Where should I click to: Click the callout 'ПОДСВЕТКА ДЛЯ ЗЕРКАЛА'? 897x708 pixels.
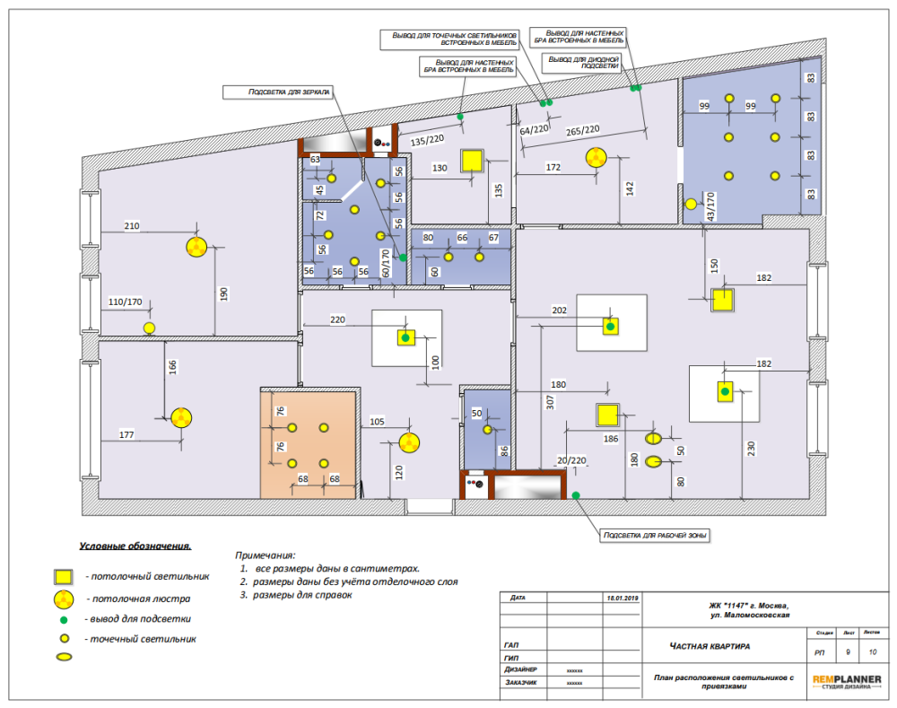pos(278,92)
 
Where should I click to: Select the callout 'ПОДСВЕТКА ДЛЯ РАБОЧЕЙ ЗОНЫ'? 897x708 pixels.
pos(654,536)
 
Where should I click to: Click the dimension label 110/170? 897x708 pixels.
pos(126,302)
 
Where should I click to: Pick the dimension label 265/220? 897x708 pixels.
pos(582,130)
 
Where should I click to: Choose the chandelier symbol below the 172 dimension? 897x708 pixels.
pos(596,158)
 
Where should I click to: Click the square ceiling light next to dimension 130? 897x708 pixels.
pos(472,161)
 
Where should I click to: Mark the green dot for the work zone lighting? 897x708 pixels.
pos(575,494)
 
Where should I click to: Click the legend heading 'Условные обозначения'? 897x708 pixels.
pos(135,546)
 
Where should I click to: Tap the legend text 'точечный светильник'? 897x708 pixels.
pos(141,639)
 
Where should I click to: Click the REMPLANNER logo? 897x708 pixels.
pos(847,681)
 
